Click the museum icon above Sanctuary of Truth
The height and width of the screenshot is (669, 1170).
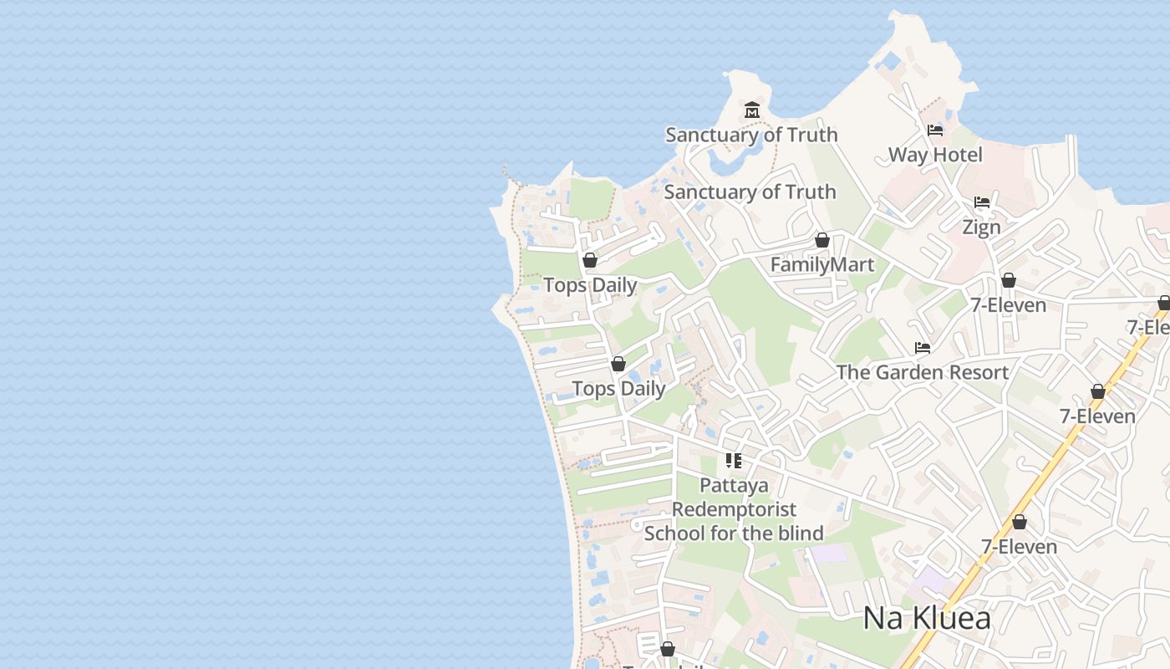coord(752,110)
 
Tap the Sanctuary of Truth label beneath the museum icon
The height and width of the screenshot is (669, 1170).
coord(750,135)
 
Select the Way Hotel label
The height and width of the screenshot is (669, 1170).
coord(935,155)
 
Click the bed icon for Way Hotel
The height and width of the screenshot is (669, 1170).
coord(935,130)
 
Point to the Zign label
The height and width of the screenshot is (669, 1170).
coord(981,227)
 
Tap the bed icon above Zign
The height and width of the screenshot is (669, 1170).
coord(982,202)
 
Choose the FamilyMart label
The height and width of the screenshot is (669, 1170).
coord(822,265)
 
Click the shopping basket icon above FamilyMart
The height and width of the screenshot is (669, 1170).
coord(822,241)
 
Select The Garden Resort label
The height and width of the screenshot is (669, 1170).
coord(922,372)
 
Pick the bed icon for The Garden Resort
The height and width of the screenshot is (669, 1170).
coord(923,348)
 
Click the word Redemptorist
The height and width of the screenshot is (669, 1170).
coord(734,509)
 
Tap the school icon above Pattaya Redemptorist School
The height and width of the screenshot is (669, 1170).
coord(734,461)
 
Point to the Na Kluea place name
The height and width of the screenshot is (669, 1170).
coord(927,619)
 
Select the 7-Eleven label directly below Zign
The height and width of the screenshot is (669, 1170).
coord(1008,305)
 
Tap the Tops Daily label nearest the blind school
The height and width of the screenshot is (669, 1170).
coord(618,389)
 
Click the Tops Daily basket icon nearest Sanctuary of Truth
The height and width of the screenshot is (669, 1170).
coord(590,261)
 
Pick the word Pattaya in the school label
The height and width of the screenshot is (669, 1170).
coord(734,485)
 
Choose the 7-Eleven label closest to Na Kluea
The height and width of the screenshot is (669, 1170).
coord(1019,547)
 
